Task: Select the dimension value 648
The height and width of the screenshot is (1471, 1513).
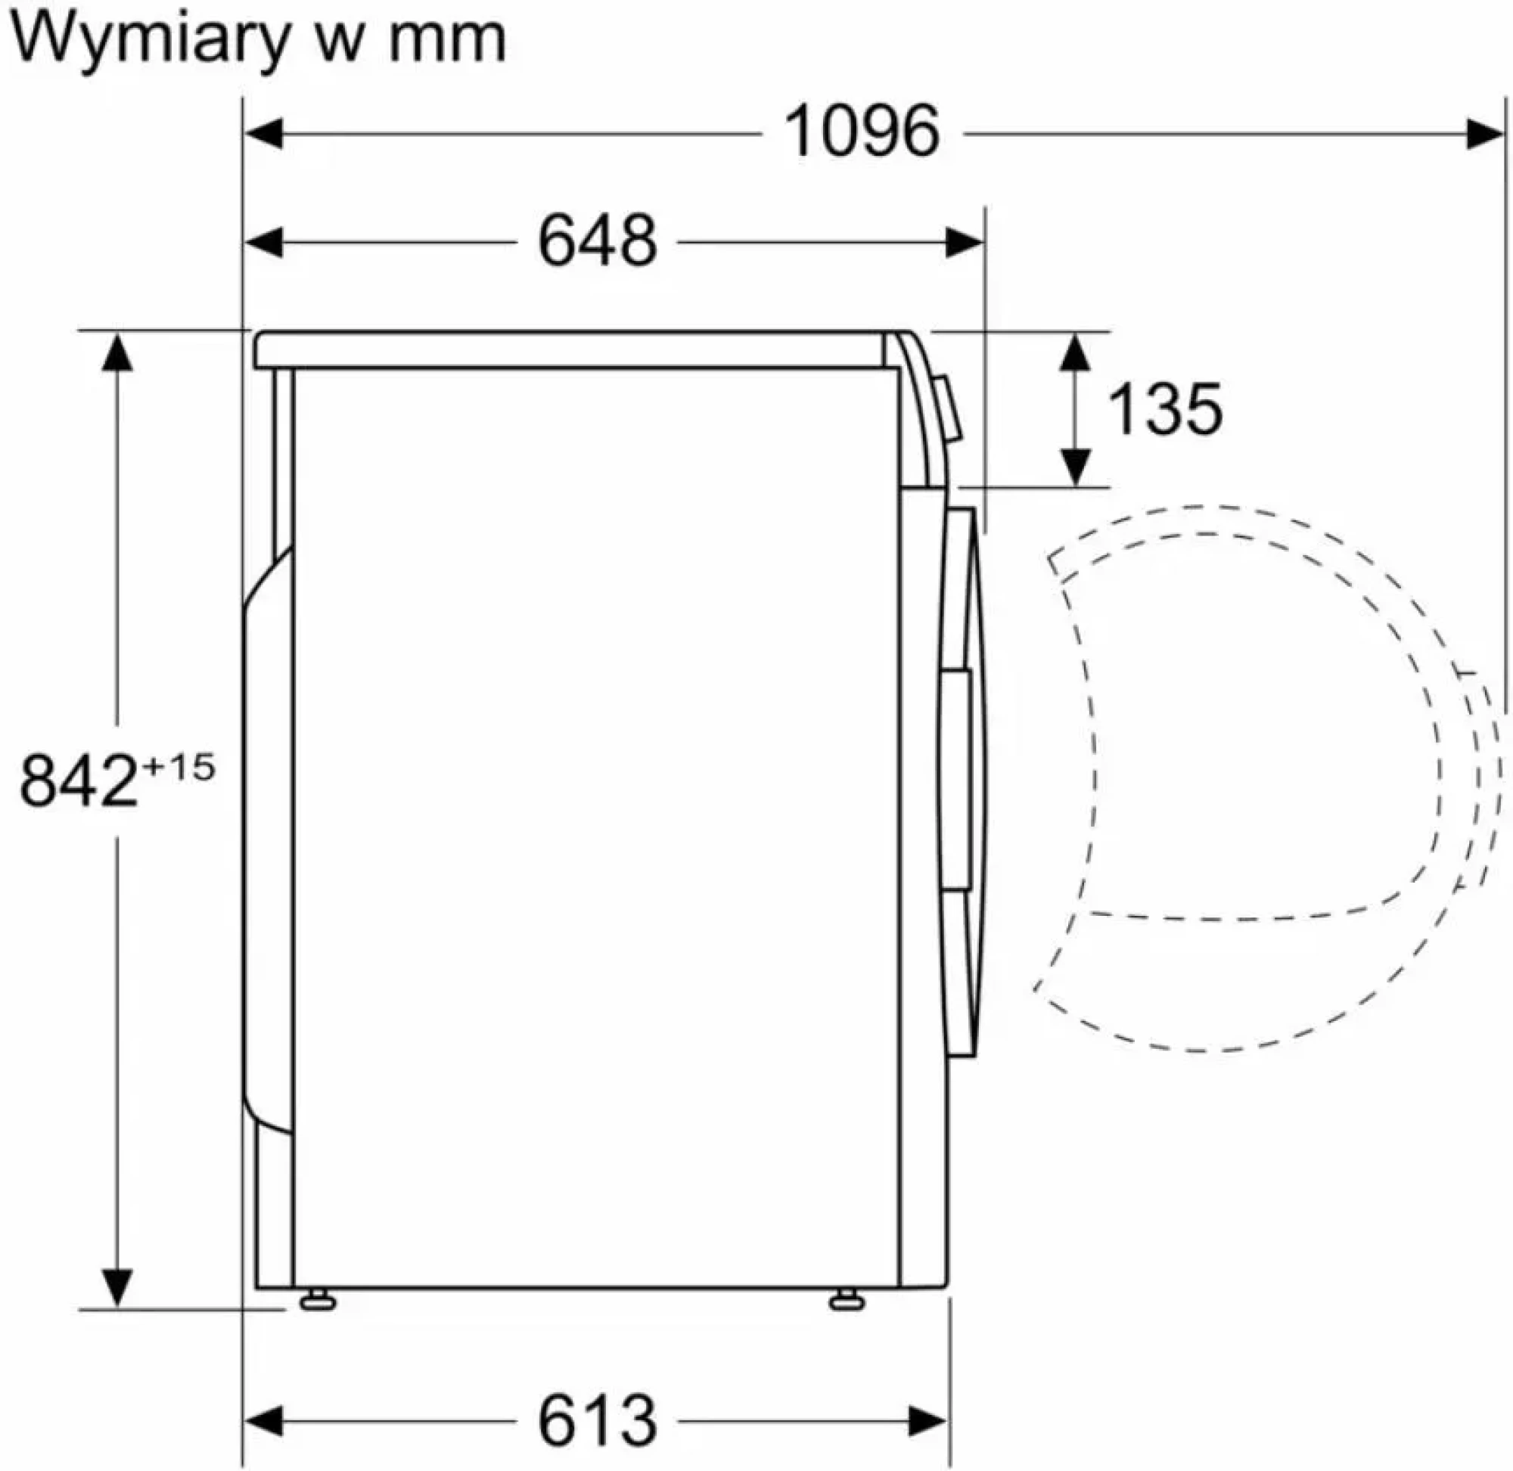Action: (598, 242)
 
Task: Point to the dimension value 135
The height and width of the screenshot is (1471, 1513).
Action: (1166, 408)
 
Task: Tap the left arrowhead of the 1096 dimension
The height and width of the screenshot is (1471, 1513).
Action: (263, 134)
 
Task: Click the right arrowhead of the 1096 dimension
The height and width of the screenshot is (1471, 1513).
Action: (1484, 135)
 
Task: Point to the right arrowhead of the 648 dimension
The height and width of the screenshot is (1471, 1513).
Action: (965, 243)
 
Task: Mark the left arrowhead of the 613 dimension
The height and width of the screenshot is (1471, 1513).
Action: (263, 1421)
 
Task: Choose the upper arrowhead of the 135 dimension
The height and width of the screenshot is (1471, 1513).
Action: (1075, 352)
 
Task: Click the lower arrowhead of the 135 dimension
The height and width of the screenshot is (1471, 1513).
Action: (1075, 467)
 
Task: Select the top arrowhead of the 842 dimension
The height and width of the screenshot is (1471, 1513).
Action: (117, 352)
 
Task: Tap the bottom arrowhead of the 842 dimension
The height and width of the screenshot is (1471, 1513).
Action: (117, 1287)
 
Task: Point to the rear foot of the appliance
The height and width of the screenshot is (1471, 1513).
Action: (318, 1299)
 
